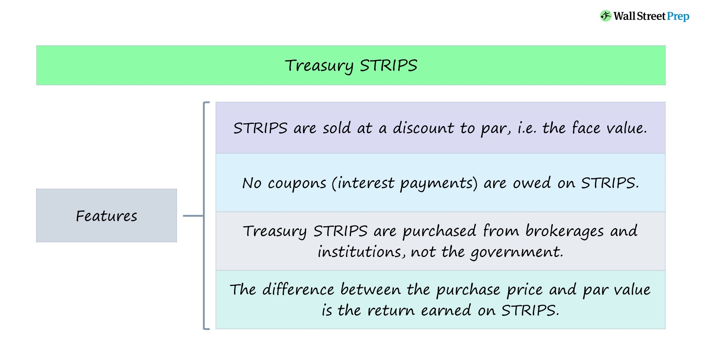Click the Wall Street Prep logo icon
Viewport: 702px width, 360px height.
[x=605, y=16]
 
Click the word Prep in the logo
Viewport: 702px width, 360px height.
[x=678, y=16]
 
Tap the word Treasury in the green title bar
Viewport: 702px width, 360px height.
[x=319, y=66]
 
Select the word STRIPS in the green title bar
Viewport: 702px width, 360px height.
[x=388, y=66]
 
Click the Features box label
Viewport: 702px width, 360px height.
[x=106, y=216]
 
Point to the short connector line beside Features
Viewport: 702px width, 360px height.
[x=193, y=216]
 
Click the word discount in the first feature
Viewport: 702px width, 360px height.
[x=423, y=128]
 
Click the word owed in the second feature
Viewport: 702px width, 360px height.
[x=532, y=183]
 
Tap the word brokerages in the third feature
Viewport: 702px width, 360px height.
[x=565, y=231]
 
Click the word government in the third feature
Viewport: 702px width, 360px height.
[x=516, y=252]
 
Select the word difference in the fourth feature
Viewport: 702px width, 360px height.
[x=298, y=289]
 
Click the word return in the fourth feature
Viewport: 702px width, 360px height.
[x=390, y=311]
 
